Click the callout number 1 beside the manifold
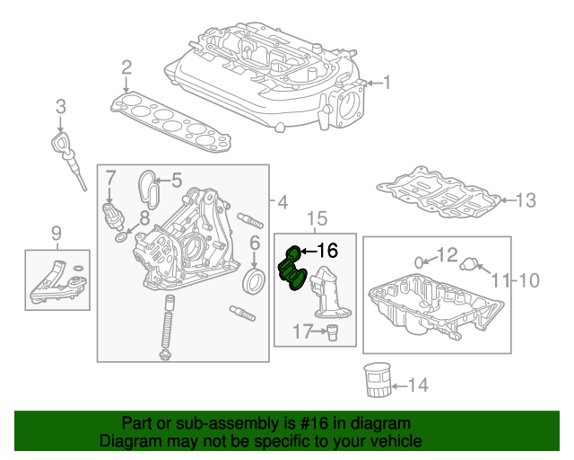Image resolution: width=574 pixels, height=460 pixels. pos(387,84)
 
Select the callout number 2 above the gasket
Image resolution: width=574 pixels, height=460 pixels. pos(126,66)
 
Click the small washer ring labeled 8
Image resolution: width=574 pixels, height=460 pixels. pos(121,239)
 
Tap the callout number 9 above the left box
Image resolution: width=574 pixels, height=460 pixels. pos(56,235)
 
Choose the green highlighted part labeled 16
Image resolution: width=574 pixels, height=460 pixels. pos(292,271)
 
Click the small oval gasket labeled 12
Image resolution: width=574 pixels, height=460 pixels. pos(422,261)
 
